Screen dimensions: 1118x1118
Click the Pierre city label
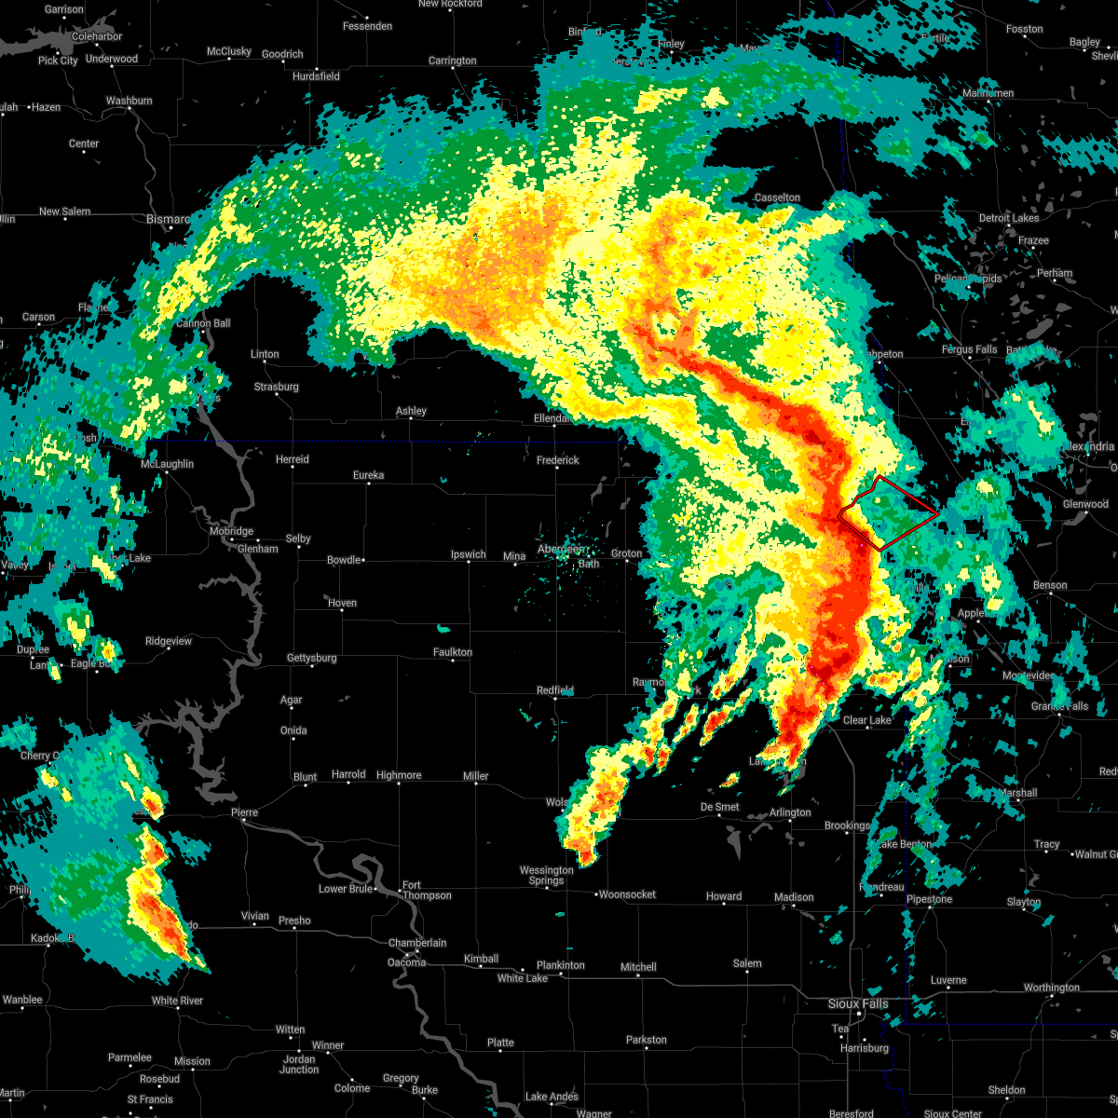[244, 812]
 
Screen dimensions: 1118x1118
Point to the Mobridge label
[230, 531]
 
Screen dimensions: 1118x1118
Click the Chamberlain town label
[418, 943]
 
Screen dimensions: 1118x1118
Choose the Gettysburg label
[311, 658]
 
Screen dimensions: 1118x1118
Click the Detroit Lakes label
[1008, 218]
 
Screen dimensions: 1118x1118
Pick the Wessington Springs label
[546, 875]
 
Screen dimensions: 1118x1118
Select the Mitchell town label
[638, 967]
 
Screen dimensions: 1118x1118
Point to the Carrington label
[452, 61]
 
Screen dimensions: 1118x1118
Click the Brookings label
[847, 825]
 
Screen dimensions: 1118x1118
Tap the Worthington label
[1051, 988]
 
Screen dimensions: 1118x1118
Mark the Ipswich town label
[469, 554]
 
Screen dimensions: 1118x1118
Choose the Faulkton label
[453, 652]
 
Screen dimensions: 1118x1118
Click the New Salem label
[64, 211]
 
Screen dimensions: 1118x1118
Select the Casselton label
[777, 198]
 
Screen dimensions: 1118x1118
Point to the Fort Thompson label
[426, 890]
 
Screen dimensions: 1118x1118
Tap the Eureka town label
[368, 475]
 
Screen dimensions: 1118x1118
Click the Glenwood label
[1085, 504]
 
